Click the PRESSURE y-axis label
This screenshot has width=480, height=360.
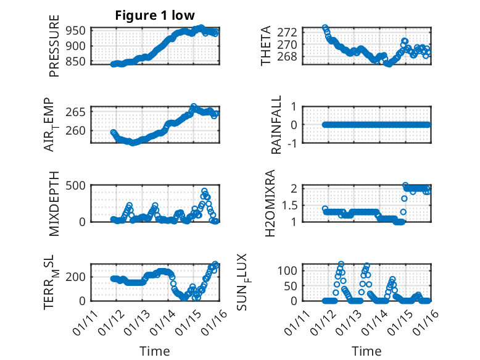(55, 50)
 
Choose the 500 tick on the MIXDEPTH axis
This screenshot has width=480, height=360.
(77, 185)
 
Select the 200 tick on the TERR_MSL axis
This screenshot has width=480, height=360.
(77, 277)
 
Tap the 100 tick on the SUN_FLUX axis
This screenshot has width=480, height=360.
(289, 270)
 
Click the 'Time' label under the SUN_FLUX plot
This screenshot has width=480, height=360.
(367, 351)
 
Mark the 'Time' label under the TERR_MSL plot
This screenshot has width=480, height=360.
(154, 351)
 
